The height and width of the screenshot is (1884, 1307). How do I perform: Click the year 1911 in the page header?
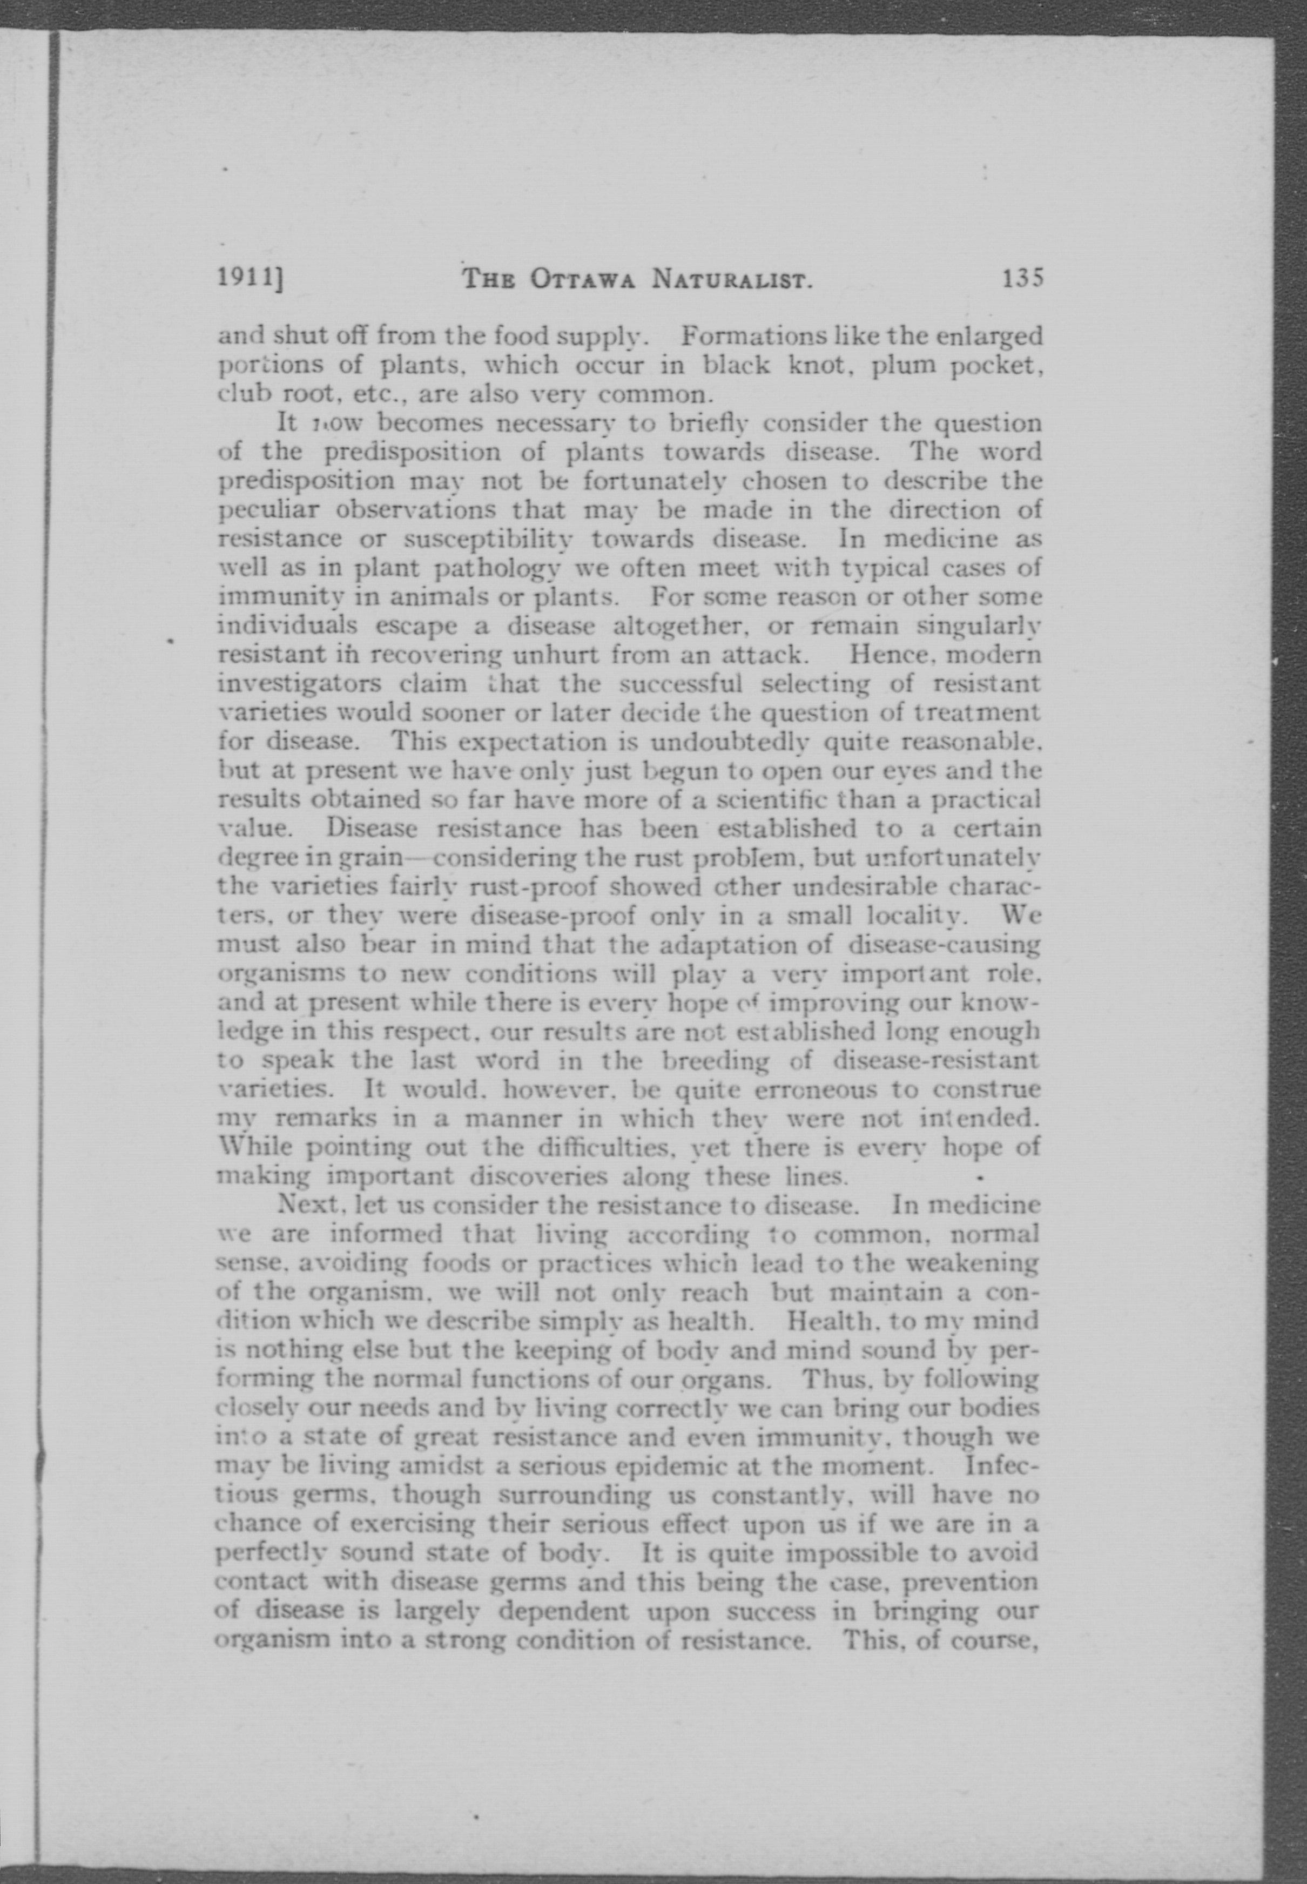[x=244, y=279]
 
